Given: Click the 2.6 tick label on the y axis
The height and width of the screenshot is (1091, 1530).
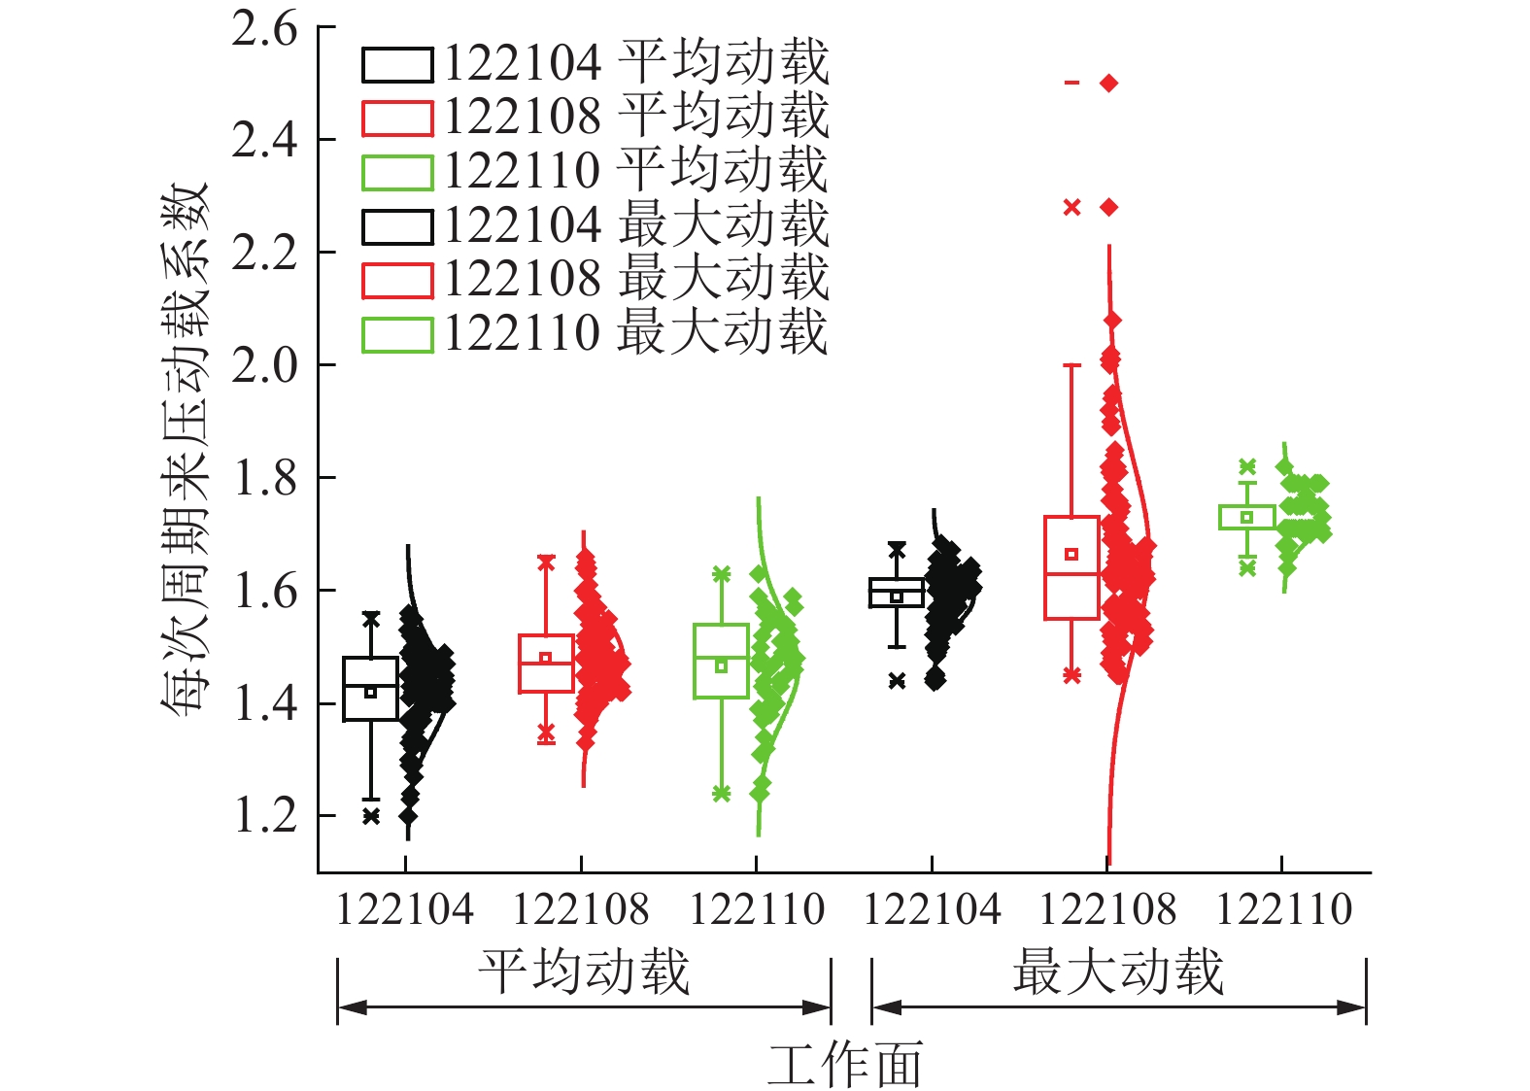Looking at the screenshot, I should (264, 29).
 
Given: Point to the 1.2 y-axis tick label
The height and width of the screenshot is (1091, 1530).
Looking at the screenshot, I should (264, 815).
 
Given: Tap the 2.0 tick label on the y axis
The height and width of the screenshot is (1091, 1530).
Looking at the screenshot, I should (264, 365).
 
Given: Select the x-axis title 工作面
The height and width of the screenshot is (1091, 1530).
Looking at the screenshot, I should (844, 1064).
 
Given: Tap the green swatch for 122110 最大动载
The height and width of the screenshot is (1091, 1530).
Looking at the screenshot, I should (396, 334).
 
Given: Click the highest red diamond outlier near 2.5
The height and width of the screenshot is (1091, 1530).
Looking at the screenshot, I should (1109, 84).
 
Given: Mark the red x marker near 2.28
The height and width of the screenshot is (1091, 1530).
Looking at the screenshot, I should (1072, 207).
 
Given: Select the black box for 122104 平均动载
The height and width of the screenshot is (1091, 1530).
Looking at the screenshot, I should (370, 689).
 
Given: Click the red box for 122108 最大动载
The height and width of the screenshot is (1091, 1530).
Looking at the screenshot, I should (1071, 567).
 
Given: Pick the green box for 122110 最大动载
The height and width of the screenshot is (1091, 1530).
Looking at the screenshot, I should (1247, 517).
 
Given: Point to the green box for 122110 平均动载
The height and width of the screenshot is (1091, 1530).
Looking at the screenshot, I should (721, 661).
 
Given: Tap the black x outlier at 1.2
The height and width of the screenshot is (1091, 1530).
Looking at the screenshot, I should (370, 816).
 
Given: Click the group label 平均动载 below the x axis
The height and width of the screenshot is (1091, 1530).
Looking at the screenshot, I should (584, 972).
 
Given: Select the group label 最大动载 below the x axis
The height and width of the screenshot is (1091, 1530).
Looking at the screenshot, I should (1118, 972).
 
